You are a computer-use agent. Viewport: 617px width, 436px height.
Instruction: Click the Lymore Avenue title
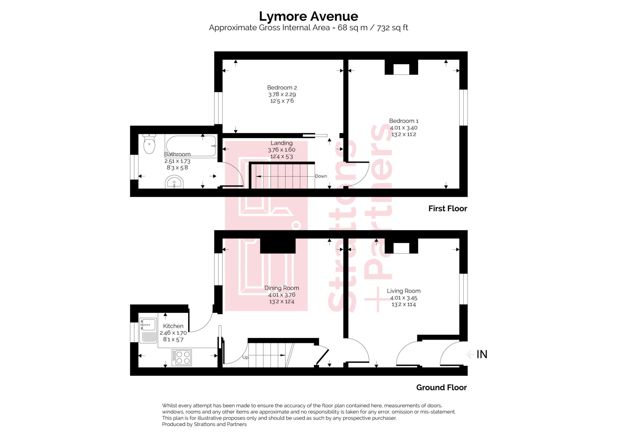(x=308, y=16)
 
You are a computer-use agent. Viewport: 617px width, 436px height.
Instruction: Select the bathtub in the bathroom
(x=191, y=146)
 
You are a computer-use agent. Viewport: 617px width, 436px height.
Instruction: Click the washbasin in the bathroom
(x=174, y=183)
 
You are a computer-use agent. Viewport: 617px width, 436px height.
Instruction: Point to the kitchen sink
(x=148, y=325)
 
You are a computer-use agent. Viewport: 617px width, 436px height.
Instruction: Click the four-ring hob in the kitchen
(x=182, y=357)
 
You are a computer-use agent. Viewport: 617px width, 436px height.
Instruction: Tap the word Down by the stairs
(x=321, y=176)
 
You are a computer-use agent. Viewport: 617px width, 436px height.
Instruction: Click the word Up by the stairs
(x=245, y=357)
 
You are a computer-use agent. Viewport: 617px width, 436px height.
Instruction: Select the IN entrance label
(x=482, y=354)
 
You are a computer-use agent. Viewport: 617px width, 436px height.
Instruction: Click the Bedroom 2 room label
(x=282, y=88)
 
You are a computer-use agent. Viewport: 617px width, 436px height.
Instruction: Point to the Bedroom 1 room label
(x=404, y=121)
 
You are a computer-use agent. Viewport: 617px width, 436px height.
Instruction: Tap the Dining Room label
(x=282, y=288)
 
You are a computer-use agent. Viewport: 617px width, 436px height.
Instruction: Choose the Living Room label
(x=404, y=291)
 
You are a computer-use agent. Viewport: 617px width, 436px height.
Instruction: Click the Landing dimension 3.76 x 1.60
(x=281, y=150)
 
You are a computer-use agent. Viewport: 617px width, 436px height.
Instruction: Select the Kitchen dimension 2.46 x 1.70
(x=173, y=333)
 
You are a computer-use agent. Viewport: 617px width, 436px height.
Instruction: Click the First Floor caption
(x=448, y=209)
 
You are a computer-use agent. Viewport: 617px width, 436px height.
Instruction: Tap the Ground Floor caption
(x=441, y=387)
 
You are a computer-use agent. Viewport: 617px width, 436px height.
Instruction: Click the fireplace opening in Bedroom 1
(x=401, y=69)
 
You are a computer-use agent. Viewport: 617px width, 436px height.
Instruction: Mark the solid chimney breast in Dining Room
(x=277, y=246)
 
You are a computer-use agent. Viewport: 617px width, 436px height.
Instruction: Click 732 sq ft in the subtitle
(x=393, y=28)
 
